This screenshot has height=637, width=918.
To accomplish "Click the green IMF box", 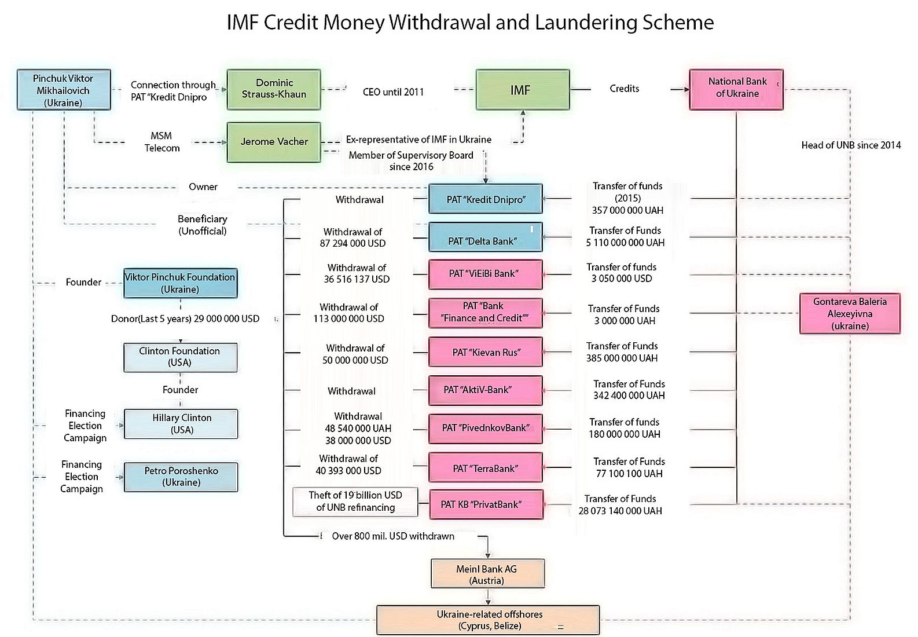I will [x=522, y=90].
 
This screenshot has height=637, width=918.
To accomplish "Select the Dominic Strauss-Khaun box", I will [x=274, y=89].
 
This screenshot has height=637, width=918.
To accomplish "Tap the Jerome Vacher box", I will [x=274, y=142].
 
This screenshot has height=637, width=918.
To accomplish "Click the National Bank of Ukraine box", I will [x=736, y=89].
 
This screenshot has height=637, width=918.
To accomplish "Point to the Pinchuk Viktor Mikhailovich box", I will [x=64, y=90].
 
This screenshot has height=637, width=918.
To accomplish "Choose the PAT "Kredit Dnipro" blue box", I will [x=485, y=199].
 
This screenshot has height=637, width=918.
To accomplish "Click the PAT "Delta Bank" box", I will [x=485, y=237].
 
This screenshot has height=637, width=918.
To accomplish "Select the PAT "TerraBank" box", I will [x=485, y=468].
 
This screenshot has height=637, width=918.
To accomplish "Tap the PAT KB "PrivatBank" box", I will [x=485, y=504].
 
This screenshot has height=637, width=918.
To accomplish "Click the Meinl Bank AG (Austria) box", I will [x=487, y=574].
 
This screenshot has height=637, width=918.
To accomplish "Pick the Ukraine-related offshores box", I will [x=488, y=620].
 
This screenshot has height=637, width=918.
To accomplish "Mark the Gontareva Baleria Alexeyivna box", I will [x=849, y=313].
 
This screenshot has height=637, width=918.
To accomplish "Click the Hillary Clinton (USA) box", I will [x=181, y=424].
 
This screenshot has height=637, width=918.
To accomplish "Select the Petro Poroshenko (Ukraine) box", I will [x=181, y=477].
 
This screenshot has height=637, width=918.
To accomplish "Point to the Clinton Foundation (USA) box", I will [x=180, y=357].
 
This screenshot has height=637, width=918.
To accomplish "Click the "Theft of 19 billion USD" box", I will [x=355, y=501].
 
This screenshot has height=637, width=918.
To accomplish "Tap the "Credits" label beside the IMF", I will [x=624, y=89].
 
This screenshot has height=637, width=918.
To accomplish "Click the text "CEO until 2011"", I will [x=393, y=91].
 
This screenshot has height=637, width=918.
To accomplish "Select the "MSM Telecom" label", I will [x=161, y=142].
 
